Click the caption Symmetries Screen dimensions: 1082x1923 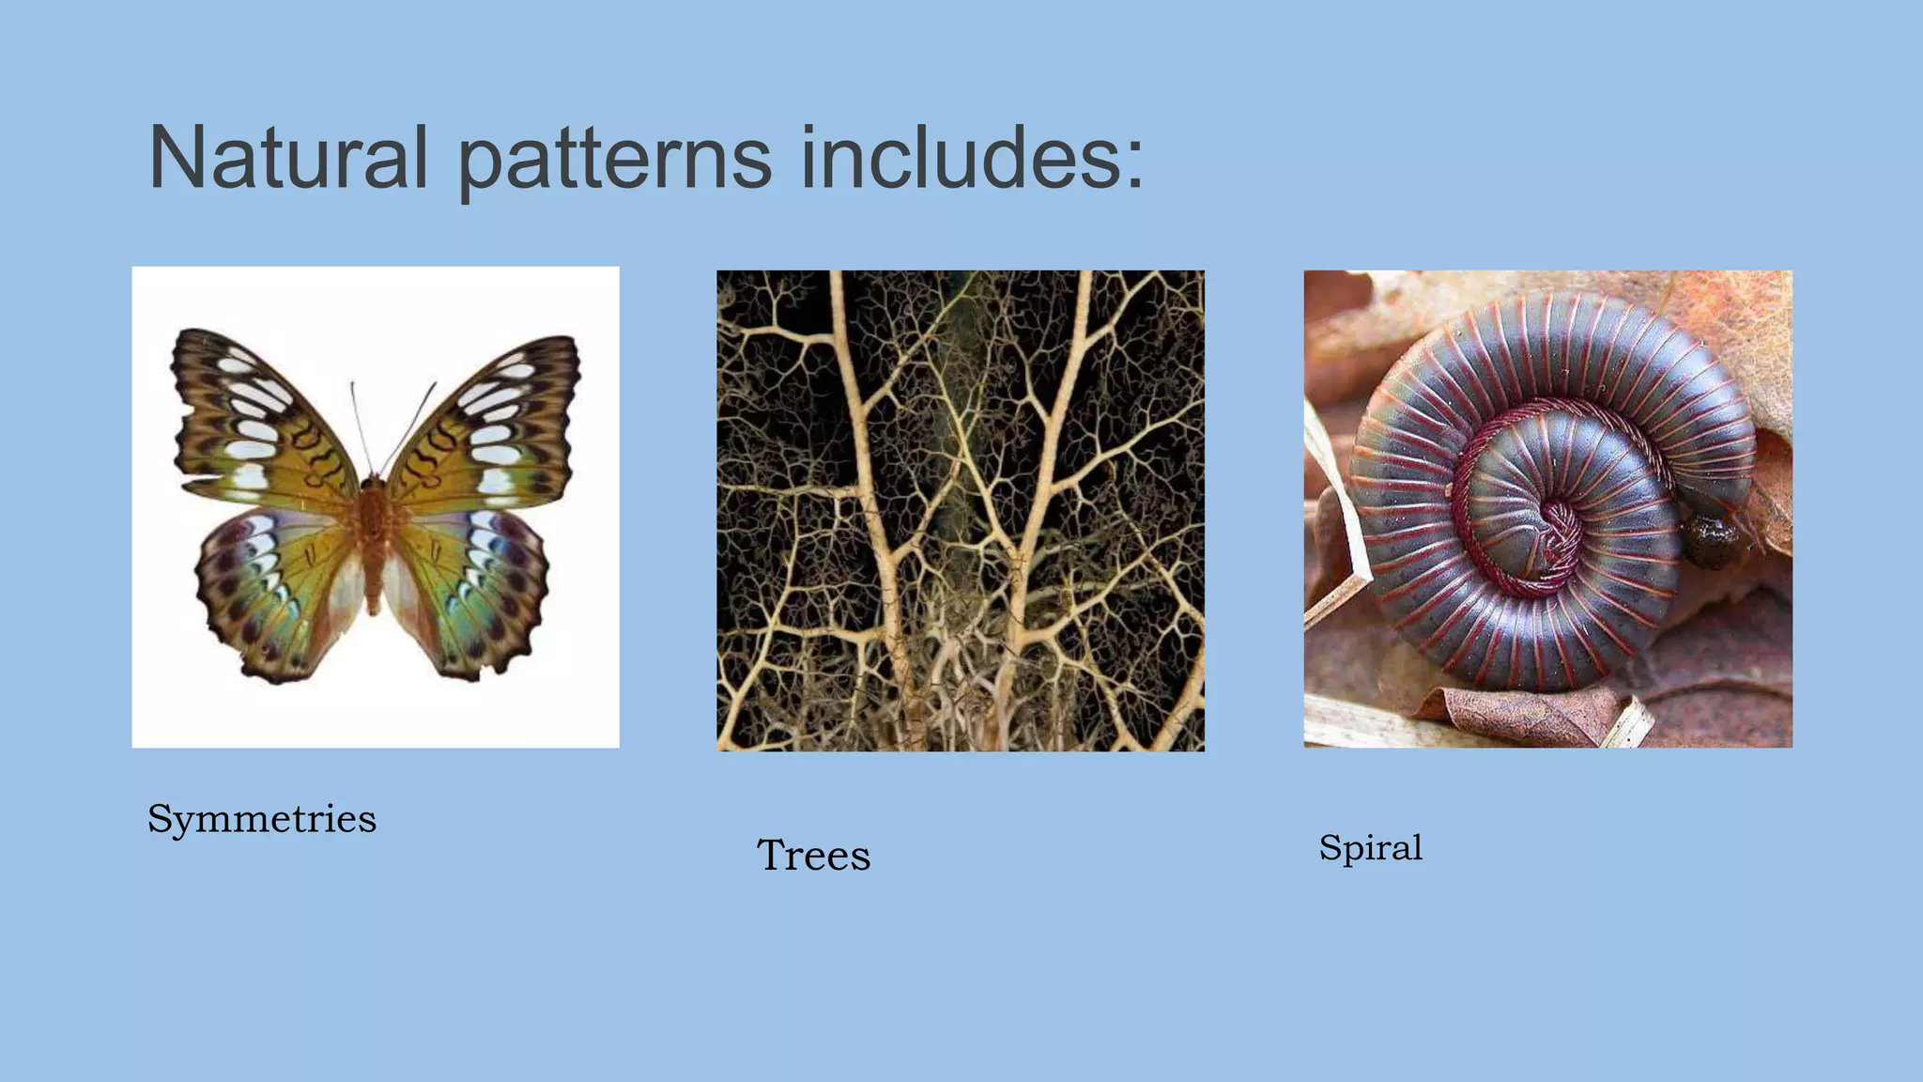(x=262, y=819)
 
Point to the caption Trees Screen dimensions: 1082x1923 (x=813, y=856)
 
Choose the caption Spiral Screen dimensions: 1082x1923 (x=1370, y=848)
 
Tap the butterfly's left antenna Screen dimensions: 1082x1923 (x=361, y=427)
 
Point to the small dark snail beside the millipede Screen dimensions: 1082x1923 (x=1711, y=540)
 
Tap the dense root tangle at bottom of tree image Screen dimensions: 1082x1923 (x=948, y=686)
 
